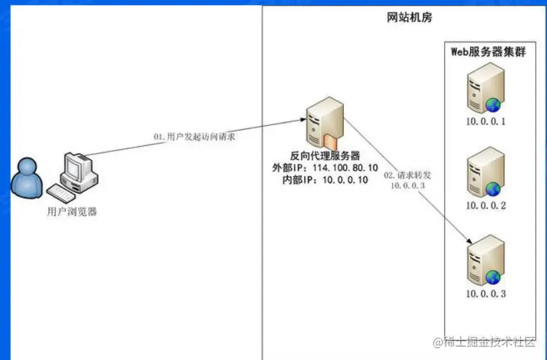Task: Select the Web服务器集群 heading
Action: (x=488, y=52)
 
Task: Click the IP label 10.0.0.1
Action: (x=486, y=122)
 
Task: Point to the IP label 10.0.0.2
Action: (x=486, y=205)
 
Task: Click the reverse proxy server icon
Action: (x=324, y=120)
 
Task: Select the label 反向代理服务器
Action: (x=325, y=155)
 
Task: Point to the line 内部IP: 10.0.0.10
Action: (x=325, y=180)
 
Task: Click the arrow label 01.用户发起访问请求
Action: (x=194, y=137)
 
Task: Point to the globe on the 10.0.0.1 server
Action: (x=494, y=104)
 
